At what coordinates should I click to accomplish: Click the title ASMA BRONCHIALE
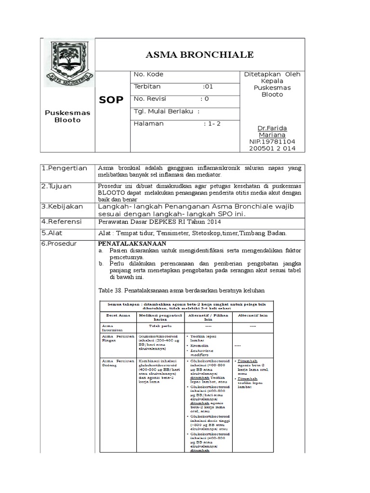[199, 55]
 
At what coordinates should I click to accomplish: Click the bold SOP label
[111, 100]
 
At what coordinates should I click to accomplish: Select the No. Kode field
[148, 74]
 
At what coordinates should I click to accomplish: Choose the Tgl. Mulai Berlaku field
[166, 111]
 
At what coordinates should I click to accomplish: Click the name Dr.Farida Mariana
[272, 132]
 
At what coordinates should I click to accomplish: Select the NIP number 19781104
[272, 142]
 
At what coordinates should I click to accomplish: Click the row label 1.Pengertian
[64, 168]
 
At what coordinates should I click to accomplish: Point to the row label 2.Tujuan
[56, 186]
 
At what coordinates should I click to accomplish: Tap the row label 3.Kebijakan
[62, 206]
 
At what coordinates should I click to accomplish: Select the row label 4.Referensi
[62, 221]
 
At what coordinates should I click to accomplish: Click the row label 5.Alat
[52, 233]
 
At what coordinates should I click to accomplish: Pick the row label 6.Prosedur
[60, 244]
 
